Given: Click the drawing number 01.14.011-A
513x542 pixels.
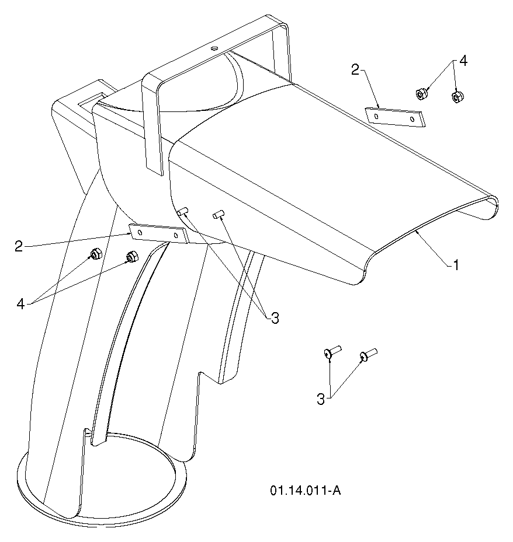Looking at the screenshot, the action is [306, 490].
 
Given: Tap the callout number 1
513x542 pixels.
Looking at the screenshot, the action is [456, 265].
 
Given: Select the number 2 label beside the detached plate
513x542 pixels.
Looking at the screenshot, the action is [355, 69].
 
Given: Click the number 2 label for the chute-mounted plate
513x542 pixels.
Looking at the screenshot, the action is [19, 246].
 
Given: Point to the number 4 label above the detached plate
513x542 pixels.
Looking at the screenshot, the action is [463, 61].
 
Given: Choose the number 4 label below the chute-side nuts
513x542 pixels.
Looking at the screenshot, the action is [21, 304].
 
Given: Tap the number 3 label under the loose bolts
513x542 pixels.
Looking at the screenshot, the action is [321, 399].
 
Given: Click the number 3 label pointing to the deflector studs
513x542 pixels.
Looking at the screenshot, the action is [275, 318].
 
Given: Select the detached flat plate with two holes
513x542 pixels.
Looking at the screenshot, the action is [394, 117].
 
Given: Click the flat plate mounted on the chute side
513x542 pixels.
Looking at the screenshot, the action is [158, 233].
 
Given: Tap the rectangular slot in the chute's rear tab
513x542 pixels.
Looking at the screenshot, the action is [91, 99].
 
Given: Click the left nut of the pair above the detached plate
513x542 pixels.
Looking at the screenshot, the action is [421, 94].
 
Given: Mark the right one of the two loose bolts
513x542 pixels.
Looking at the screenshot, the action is [368, 355].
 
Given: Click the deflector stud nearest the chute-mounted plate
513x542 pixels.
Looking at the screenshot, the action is [182, 211].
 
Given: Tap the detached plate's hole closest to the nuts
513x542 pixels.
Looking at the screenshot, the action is [412, 119].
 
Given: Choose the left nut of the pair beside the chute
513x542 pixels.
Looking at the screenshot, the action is [95, 255].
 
